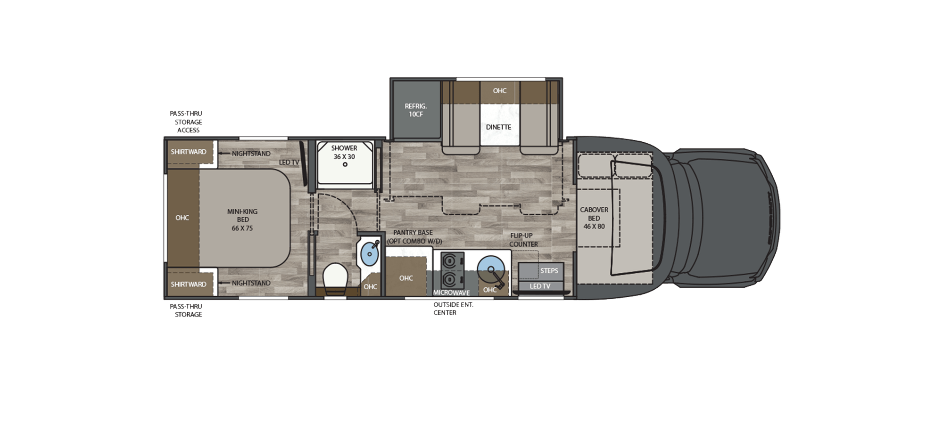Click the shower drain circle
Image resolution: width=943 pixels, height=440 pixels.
tap(345, 164)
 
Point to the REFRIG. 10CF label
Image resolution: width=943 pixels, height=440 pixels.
tap(415, 110)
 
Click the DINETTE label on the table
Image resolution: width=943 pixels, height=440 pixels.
tap(498, 127)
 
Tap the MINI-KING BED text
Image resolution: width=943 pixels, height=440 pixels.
tap(242, 220)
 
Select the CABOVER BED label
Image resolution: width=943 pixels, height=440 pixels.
tap(594, 218)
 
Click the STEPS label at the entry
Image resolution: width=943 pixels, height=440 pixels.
tap(549, 271)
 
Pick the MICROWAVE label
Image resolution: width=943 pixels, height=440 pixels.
tap(451, 293)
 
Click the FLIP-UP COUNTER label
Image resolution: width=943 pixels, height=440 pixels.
tap(523, 240)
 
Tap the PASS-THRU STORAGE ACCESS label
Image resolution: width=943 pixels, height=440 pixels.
tap(187, 122)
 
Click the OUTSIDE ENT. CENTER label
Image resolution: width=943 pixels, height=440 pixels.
tap(453, 309)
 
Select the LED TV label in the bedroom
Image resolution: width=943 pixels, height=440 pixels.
tap(289, 163)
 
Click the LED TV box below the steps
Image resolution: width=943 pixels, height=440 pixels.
tap(540, 286)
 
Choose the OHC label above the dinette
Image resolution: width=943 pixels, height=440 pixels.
tap(500, 90)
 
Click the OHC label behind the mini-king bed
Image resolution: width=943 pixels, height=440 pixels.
tap(182, 218)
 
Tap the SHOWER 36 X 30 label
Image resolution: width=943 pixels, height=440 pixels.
tap(344, 152)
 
